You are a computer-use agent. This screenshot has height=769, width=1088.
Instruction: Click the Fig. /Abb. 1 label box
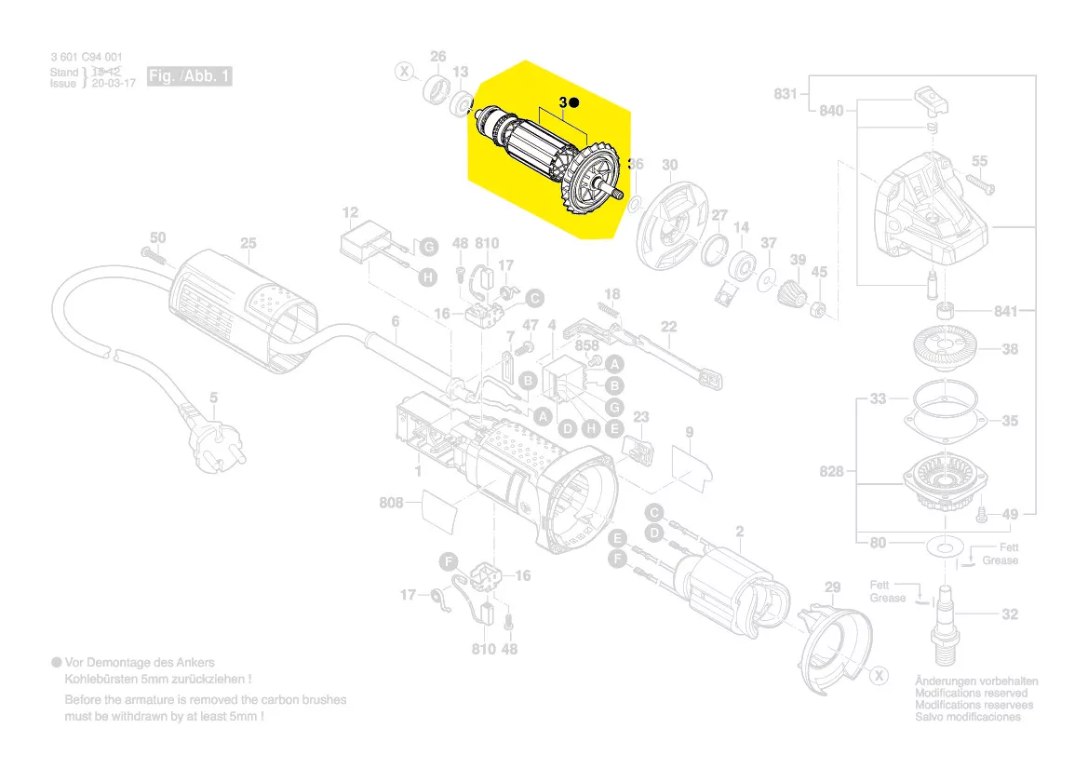[189, 76]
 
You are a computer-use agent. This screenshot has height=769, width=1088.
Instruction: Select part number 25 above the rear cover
[248, 244]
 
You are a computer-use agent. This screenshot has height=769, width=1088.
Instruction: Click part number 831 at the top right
[786, 93]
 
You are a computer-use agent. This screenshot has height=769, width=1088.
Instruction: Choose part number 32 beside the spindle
[1010, 614]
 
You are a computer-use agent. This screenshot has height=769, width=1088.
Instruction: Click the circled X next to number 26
[404, 71]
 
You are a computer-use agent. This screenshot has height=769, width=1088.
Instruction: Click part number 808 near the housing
[392, 504]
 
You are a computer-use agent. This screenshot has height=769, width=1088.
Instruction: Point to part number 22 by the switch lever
[668, 326]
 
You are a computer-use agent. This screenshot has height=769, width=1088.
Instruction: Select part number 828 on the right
[832, 472]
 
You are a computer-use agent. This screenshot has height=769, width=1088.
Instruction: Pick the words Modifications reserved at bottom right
[972, 694]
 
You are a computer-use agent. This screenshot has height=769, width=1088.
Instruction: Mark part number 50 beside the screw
[158, 238]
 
